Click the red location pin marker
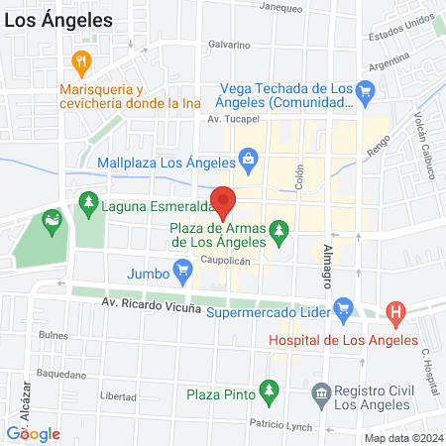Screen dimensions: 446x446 (x=223, y=201)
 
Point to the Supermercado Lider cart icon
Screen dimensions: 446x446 (x=343, y=307)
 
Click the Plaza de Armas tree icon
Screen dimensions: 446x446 (x=280, y=231)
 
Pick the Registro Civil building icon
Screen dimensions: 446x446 (x=322, y=395)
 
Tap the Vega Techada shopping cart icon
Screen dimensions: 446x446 (x=366, y=94)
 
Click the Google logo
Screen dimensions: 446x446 (x=34, y=433)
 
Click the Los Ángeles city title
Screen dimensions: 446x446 (x=56, y=19)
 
